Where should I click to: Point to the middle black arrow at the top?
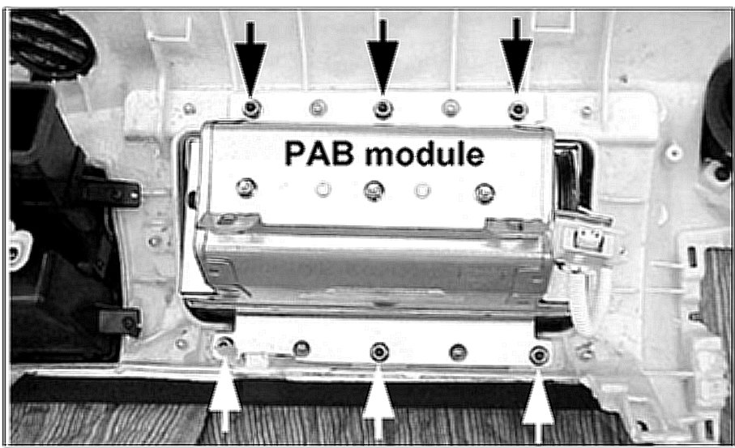382,53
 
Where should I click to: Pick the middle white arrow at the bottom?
378,401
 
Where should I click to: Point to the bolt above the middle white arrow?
378,352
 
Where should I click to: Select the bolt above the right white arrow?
537,355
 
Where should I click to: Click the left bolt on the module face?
243,188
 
